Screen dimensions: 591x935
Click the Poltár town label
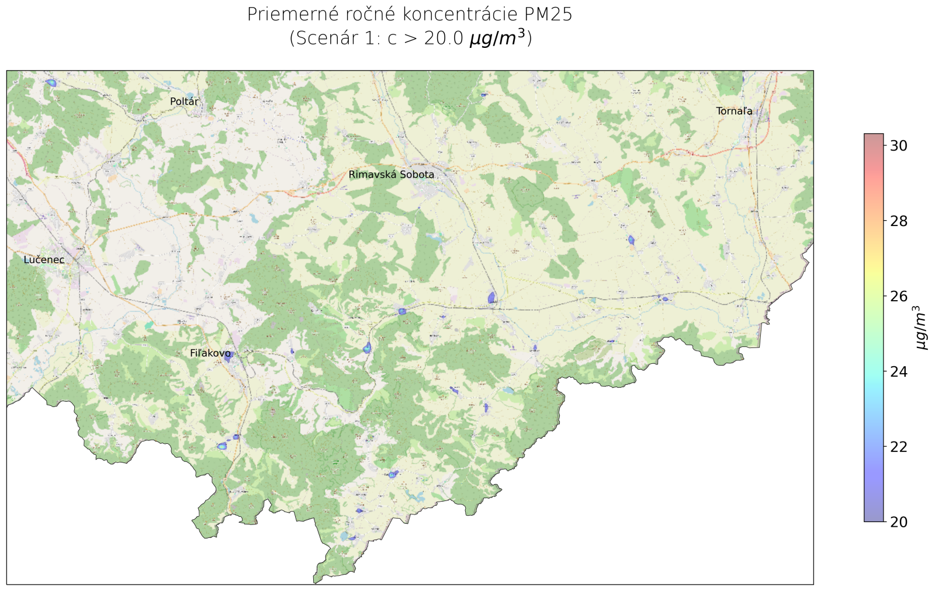pyautogui.click(x=184, y=102)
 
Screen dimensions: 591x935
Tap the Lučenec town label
pyautogui.click(x=44, y=260)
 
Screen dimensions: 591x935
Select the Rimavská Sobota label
pyautogui.click(x=391, y=175)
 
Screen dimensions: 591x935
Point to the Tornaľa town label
pyautogui.click(x=734, y=111)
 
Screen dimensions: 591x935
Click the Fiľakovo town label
pyautogui.click(x=210, y=353)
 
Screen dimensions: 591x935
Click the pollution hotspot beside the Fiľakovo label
pyautogui.click(x=228, y=357)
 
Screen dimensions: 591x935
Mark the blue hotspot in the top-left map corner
pyautogui.click(x=51, y=83)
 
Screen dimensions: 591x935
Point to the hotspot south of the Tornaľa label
pyautogui.click(x=631, y=239)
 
